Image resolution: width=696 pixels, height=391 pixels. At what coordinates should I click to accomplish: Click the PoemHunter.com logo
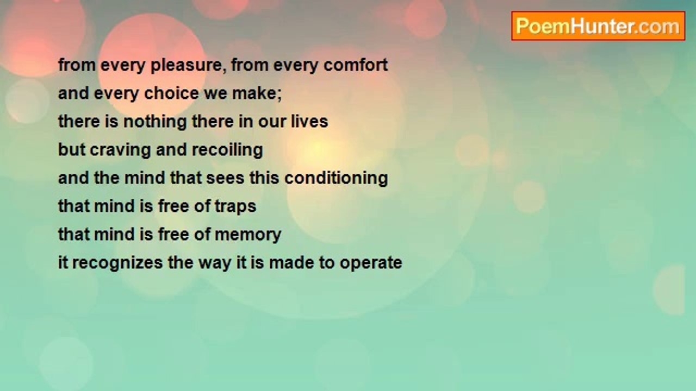[598, 26]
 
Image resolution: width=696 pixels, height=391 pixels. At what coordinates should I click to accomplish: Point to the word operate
[370, 263]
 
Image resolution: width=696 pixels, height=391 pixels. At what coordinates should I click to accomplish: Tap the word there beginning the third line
[77, 122]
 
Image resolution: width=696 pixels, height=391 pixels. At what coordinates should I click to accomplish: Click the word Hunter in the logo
[603, 26]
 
